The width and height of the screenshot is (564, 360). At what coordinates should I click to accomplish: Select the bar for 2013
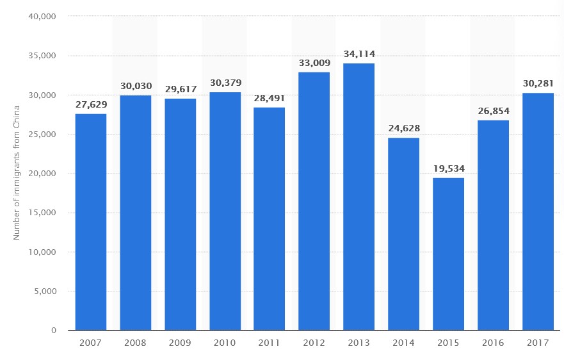point(359,197)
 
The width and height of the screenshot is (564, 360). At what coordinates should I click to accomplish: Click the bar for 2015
point(448,254)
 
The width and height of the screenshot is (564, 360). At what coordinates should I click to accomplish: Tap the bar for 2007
point(91,222)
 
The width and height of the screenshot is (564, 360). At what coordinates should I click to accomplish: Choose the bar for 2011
point(270,218)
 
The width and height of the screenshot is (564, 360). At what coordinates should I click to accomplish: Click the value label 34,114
point(359,54)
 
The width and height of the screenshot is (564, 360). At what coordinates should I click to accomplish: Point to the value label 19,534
point(448,168)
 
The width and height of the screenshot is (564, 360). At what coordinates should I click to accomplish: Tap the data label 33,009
point(314,63)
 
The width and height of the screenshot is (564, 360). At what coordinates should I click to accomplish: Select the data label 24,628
point(403,129)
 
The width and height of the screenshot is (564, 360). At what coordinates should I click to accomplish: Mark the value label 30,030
point(136,86)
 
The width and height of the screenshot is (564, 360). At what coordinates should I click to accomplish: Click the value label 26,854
point(493,111)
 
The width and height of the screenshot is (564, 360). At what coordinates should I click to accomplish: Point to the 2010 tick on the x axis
point(225,343)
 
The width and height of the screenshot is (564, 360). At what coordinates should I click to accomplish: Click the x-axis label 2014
point(403,343)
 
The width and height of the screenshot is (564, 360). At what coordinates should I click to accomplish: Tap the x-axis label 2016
point(493,343)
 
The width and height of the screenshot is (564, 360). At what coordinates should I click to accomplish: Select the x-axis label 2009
point(180,343)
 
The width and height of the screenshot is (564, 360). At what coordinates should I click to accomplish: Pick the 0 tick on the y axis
point(54,331)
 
